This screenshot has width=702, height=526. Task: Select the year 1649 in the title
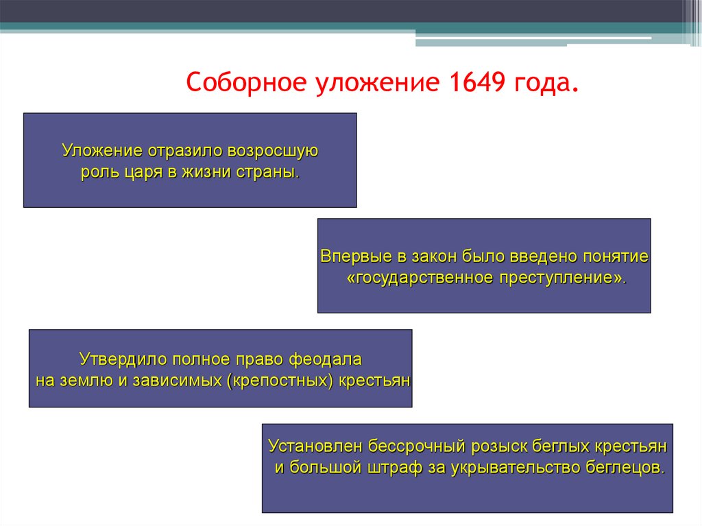click(476, 84)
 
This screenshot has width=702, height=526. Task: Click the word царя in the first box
click(138, 171)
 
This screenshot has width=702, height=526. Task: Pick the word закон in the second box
click(434, 256)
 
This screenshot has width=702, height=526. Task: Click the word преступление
click(563, 278)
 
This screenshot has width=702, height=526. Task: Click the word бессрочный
click(417, 446)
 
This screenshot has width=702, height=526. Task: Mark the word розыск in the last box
click(499, 446)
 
